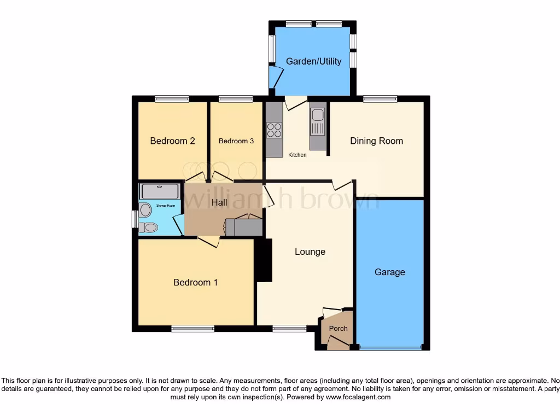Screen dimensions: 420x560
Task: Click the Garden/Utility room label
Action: [x=313, y=61]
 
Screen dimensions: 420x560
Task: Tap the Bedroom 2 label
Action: [x=172, y=141]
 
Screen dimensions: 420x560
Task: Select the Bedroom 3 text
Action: [x=236, y=141]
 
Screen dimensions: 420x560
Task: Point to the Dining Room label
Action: [x=376, y=141]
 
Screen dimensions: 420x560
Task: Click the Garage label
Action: [x=389, y=272]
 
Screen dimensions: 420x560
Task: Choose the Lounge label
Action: [x=310, y=252]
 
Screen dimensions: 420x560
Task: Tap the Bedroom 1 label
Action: [x=195, y=283]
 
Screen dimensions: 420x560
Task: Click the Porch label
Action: [x=337, y=329]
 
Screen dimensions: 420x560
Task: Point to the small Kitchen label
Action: [x=297, y=155]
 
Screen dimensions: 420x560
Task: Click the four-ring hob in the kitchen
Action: [x=274, y=130]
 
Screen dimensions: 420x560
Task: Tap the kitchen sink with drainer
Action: [x=317, y=121]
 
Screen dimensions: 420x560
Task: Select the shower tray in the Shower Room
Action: [x=160, y=191]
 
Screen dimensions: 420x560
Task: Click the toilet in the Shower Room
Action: [x=147, y=227]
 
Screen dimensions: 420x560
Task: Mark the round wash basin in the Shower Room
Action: [x=145, y=210]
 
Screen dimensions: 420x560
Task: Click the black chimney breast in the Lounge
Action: [x=264, y=260]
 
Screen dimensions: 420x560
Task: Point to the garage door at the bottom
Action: [x=389, y=347]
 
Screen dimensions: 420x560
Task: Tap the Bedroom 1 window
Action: [x=192, y=329]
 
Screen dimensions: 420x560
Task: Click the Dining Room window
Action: [x=380, y=99]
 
